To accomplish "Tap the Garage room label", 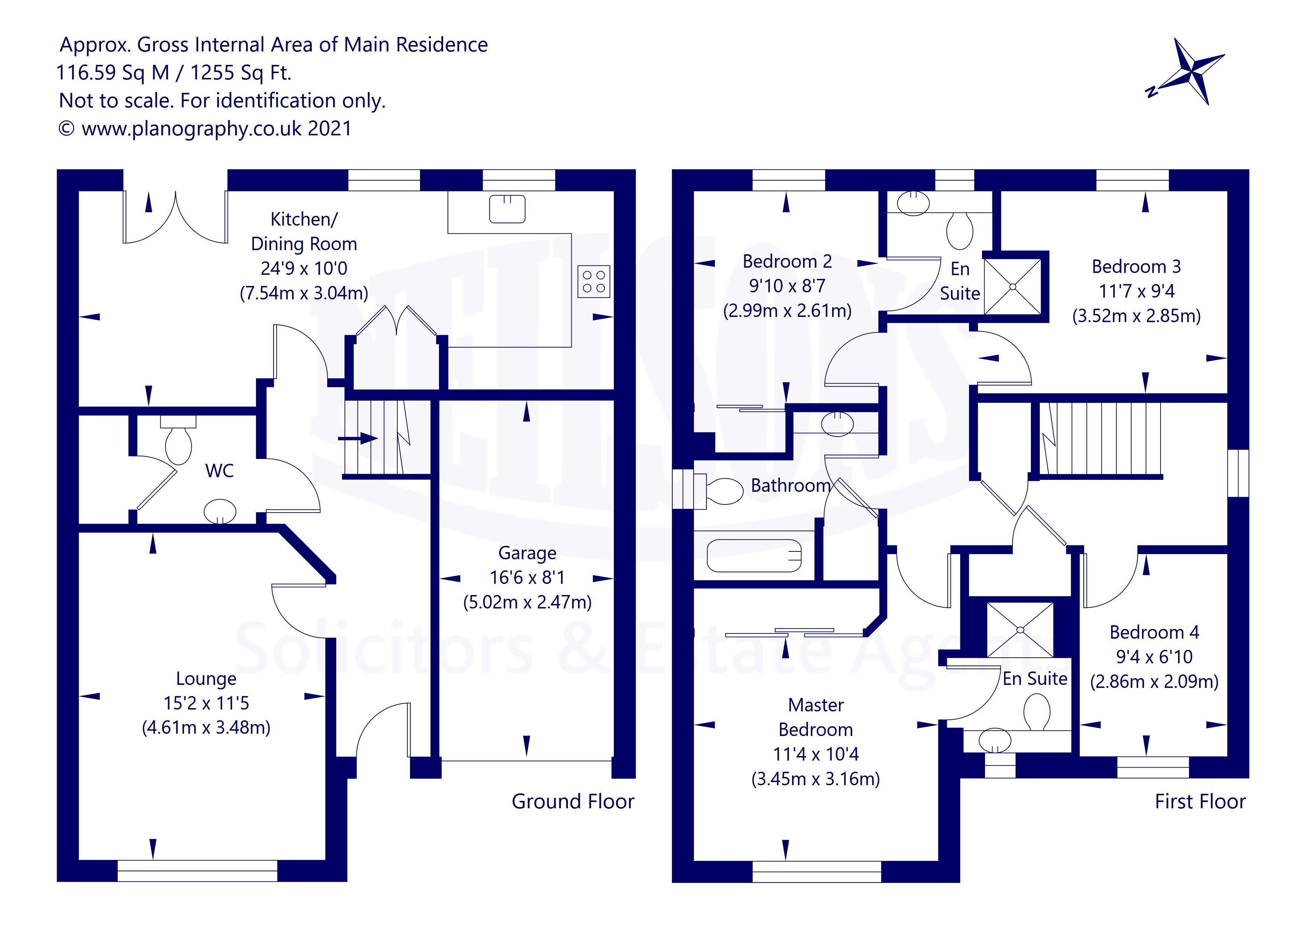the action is coord(527,553).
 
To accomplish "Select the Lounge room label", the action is coord(206,679).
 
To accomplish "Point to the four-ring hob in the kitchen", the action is coord(594,281).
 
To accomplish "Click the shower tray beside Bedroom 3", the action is coord(1013,286).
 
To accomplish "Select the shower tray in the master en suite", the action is coord(1020,630).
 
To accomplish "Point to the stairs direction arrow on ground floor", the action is coord(357,438).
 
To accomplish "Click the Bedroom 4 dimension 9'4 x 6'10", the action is coord(1154,657).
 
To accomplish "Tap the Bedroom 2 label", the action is coord(787,261).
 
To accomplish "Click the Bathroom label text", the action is coord(790,485).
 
